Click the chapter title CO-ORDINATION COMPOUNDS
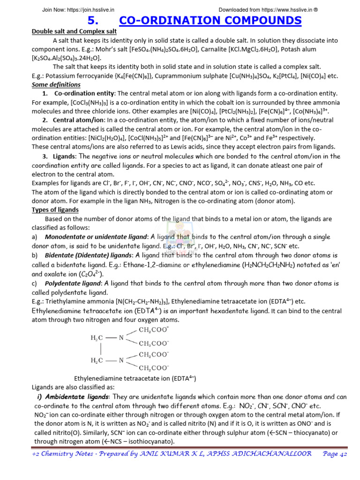pos(210,20)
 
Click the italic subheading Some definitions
pos(56,85)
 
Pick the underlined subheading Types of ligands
pos(55,210)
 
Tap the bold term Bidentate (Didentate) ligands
pos(89,255)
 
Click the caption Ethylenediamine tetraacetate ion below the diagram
pos(135,378)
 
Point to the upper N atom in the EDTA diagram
pos(121,337)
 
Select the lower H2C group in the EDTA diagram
pos(97,360)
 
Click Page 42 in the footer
pos(334,454)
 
